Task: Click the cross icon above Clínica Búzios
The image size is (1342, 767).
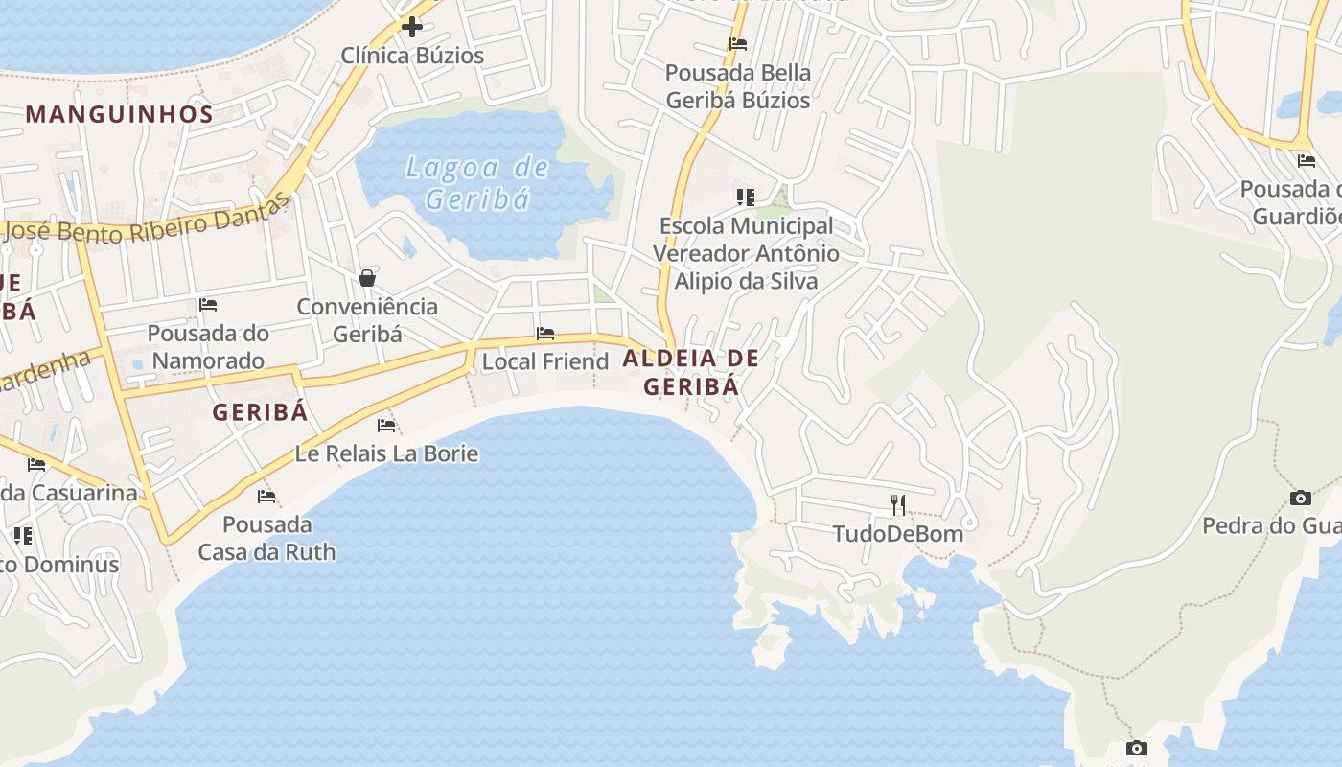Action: [412, 27]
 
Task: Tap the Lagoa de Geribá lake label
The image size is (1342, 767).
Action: [477, 183]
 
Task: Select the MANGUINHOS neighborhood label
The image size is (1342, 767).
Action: [120, 114]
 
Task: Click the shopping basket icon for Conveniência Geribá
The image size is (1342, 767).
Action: [367, 278]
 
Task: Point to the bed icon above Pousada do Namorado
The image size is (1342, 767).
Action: [208, 305]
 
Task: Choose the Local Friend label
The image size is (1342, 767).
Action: [544, 361]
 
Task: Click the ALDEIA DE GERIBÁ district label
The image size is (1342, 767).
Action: [691, 372]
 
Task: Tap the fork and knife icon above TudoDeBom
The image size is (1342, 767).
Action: [898, 504]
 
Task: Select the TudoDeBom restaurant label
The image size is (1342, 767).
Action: [898, 533]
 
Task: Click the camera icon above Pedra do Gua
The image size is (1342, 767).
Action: [1301, 498]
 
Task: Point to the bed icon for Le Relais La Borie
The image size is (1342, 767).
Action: [386, 425]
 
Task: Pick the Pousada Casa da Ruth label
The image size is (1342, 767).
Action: [266, 538]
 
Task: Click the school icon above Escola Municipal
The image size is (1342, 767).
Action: [746, 198]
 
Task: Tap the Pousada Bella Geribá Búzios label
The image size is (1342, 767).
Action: [738, 86]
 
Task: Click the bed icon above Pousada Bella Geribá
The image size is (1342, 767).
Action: [738, 44]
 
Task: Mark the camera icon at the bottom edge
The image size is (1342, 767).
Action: [1137, 748]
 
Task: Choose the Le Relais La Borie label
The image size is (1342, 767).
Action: [386, 453]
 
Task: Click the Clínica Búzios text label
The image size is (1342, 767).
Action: [412, 56]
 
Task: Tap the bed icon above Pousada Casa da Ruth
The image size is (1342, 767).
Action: [266, 496]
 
